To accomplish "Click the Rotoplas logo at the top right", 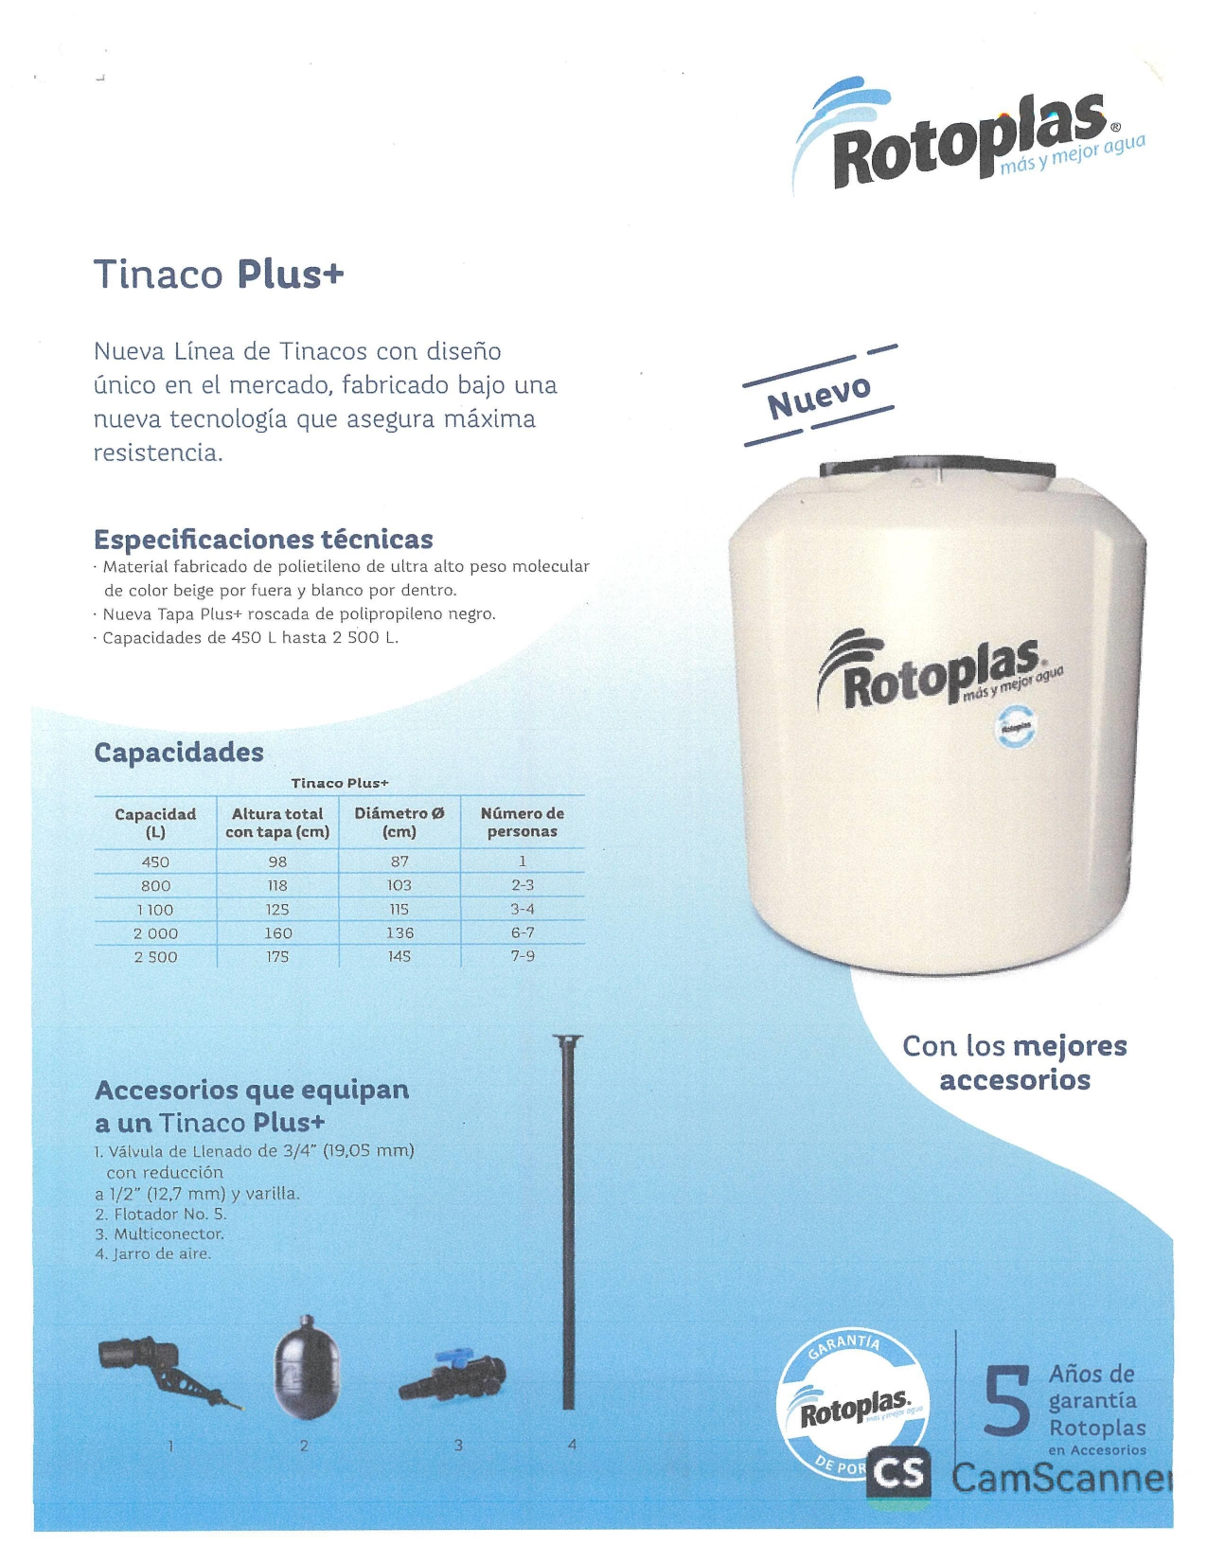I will [x=966, y=137].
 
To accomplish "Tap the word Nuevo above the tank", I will [x=819, y=397].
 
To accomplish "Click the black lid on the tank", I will [x=937, y=470].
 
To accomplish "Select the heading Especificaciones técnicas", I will [x=263, y=540].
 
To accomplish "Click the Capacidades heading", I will [x=179, y=753].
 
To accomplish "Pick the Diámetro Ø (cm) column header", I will [x=399, y=822].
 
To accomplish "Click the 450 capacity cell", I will [x=155, y=861].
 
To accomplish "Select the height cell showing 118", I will [x=277, y=885].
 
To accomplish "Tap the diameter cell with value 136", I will [x=399, y=932].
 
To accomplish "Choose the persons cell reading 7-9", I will [x=523, y=956].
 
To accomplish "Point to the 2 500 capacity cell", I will [x=155, y=957].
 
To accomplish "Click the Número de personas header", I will [x=523, y=822].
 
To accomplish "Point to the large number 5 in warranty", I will [x=1005, y=1401].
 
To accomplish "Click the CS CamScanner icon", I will [x=898, y=1474].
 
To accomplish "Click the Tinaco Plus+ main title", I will [x=219, y=275].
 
